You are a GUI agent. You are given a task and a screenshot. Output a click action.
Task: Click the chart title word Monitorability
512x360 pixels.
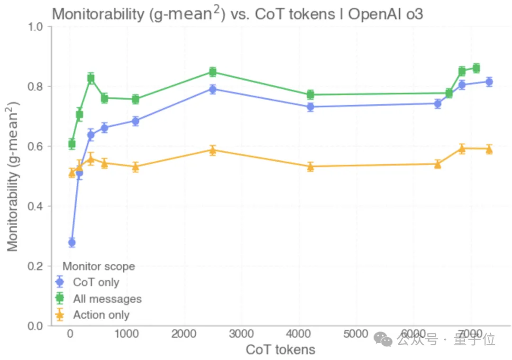pos(98,14)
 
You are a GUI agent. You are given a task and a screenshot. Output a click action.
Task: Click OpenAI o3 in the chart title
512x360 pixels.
pos(385,14)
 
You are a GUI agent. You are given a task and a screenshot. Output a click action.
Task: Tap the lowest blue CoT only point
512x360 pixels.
pos(72,242)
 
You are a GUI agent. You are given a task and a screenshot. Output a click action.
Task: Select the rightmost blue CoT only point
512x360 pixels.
pos(489,82)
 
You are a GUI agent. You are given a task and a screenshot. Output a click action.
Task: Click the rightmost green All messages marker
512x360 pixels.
pos(476,68)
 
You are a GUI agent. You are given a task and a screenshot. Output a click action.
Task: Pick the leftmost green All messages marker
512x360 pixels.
pos(72,144)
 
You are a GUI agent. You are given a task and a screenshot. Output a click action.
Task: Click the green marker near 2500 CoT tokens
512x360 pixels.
pos(213,72)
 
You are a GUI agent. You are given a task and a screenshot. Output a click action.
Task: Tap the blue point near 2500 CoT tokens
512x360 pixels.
pos(213,89)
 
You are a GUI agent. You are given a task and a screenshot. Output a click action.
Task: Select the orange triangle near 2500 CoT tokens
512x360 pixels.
pos(213,150)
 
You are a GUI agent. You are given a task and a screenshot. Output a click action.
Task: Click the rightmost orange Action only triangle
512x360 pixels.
pos(489,149)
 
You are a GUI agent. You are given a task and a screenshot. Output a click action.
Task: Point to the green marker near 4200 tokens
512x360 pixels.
pos(310,95)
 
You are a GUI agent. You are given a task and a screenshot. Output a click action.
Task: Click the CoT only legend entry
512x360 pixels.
pos(87,282)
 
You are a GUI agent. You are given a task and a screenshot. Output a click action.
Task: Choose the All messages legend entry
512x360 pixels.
pos(98,299)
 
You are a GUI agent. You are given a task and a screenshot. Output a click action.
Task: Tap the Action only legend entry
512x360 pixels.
pos(92,315)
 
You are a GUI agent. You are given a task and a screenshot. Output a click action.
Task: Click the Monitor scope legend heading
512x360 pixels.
pos(99,266)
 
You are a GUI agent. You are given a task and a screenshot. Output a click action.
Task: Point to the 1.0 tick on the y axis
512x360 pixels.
pos(35,27)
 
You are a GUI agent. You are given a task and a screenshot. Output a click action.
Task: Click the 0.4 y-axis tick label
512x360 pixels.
pos(35,206)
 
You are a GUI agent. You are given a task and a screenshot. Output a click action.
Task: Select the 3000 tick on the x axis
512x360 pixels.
pos(241,334)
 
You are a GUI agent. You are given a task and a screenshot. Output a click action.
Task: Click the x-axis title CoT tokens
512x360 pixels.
pos(281,350)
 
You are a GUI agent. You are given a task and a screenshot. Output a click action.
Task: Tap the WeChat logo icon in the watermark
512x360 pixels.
pos(383,340)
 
